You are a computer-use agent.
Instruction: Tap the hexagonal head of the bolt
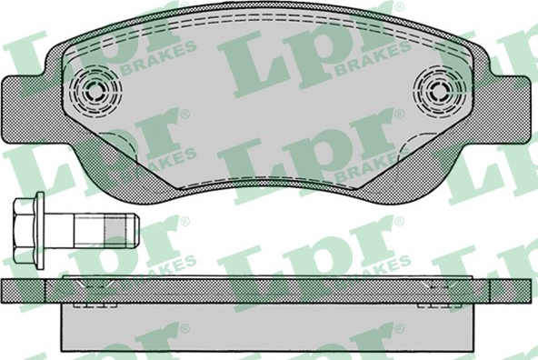pos(25,230)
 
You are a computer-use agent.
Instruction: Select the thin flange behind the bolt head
pos(41,230)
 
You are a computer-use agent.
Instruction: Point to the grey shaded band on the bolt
pos(115,230)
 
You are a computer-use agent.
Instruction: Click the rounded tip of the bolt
pos(135,230)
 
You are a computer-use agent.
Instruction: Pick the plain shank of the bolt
pos(89,230)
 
